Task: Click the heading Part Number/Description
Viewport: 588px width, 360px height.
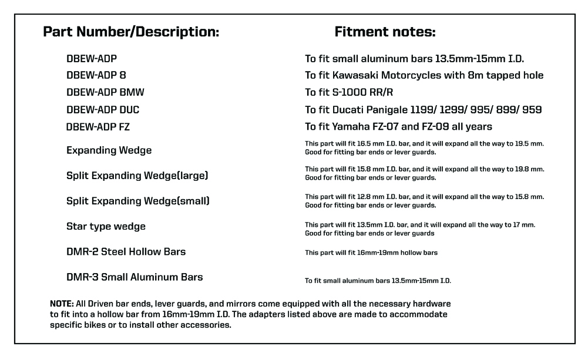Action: click(x=131, y=32)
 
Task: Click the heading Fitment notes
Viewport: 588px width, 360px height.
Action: click(x=385, y=32)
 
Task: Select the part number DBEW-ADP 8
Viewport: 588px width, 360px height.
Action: click(x=96, y=75)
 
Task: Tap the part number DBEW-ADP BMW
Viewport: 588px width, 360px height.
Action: click(x=105, y=92)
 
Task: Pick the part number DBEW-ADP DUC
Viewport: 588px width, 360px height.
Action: click(x=103, y=109)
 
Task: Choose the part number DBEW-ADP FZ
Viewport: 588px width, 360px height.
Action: click(x=98, y=126)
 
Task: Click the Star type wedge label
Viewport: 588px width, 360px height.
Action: click(x=106, y=226)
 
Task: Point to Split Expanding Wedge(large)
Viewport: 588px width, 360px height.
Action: click(x=137, y=176)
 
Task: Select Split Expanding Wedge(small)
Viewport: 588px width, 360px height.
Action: click(x=138, y=201)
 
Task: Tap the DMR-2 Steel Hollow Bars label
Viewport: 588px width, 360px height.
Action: click(x=126, y=251)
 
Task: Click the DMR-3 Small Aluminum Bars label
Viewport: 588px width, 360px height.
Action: click(x=135, y=277)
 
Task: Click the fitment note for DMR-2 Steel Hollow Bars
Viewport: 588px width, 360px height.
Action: click(x=371, y=253)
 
